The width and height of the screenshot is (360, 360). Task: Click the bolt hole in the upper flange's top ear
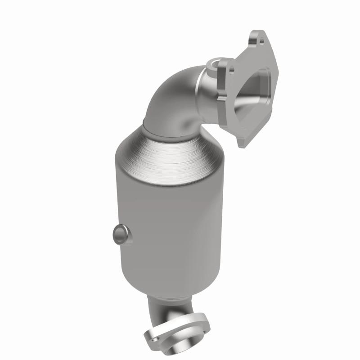(261, 41)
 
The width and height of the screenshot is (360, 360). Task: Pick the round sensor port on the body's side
(120, 234)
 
